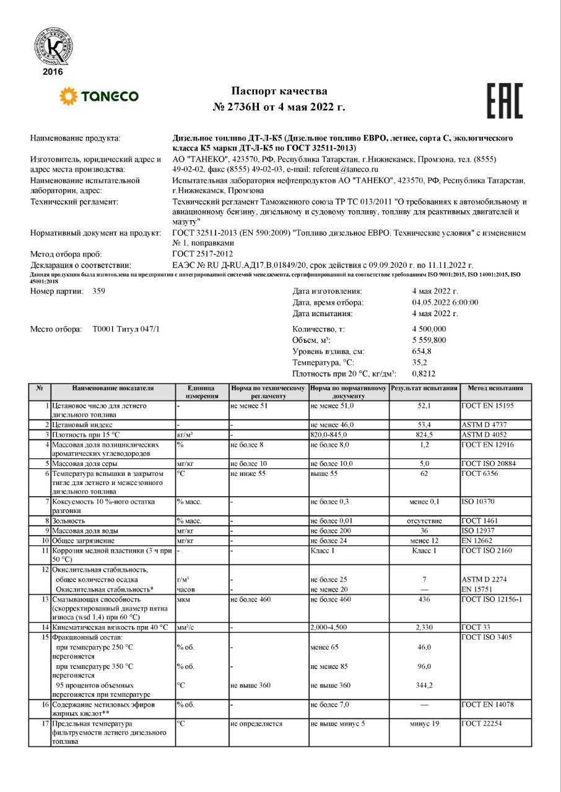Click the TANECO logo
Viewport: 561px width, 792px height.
[98, 96]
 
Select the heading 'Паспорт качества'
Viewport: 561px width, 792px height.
[279, 92]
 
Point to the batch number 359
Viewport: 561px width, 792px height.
[99, 291]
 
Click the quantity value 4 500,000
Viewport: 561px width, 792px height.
[429, 329]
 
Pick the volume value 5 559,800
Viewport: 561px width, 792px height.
[429, 340]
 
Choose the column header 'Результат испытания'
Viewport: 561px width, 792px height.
[424, 388]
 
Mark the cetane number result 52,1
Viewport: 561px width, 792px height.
[424, 405]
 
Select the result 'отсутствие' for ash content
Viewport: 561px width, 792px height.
[424, 521]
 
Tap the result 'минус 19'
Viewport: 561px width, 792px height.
[424, 723]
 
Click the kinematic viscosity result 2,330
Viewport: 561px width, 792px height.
[424, 627]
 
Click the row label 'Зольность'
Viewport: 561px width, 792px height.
[72, 521]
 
